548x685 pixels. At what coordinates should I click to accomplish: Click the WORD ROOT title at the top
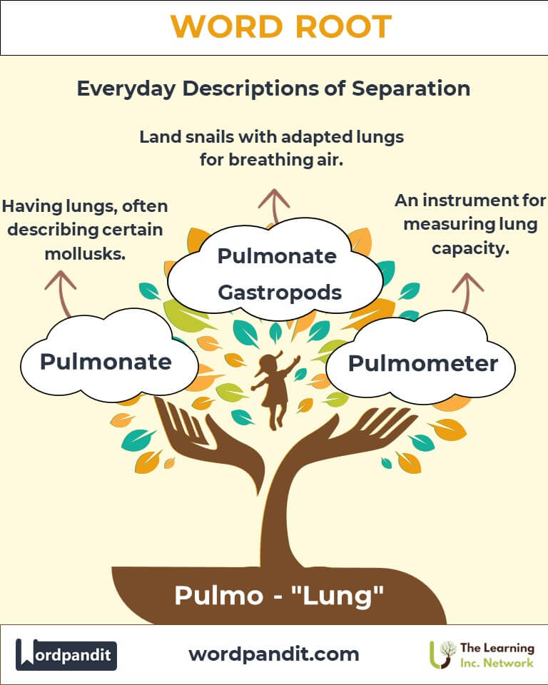280,27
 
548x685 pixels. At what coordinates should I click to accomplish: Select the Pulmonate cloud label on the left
106,361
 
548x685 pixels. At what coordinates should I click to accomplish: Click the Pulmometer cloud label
422,363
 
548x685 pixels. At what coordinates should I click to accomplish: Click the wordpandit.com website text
274,654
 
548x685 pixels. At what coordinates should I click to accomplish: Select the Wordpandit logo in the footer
66,654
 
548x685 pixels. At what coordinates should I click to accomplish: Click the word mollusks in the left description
85,253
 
